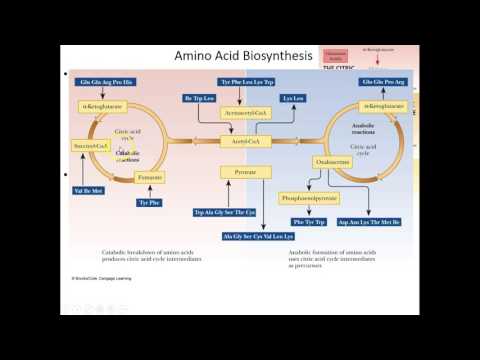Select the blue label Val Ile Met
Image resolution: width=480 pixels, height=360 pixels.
point(90,189)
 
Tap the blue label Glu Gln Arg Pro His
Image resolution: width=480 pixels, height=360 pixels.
point(97,80)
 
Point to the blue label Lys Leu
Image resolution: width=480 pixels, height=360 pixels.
point(292,98)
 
